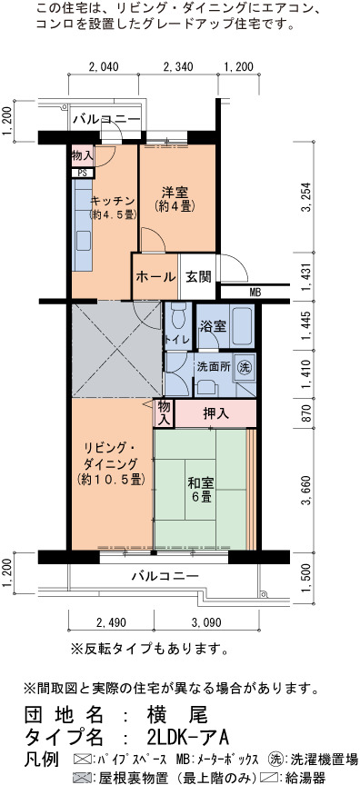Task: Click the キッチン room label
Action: pos(113,202)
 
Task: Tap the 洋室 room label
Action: pos(175,192)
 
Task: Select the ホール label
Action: pos(155,277)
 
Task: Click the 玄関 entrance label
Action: pos(199,277)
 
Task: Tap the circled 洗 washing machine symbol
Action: pos(244,366)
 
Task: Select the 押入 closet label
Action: pos(215,413)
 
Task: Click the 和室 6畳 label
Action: pos(201,490)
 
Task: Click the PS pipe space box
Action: pos(82,173)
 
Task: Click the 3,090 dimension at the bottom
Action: pos(206,623)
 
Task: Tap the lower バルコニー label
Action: pos(165,576)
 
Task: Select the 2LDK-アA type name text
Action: pos(188,738)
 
